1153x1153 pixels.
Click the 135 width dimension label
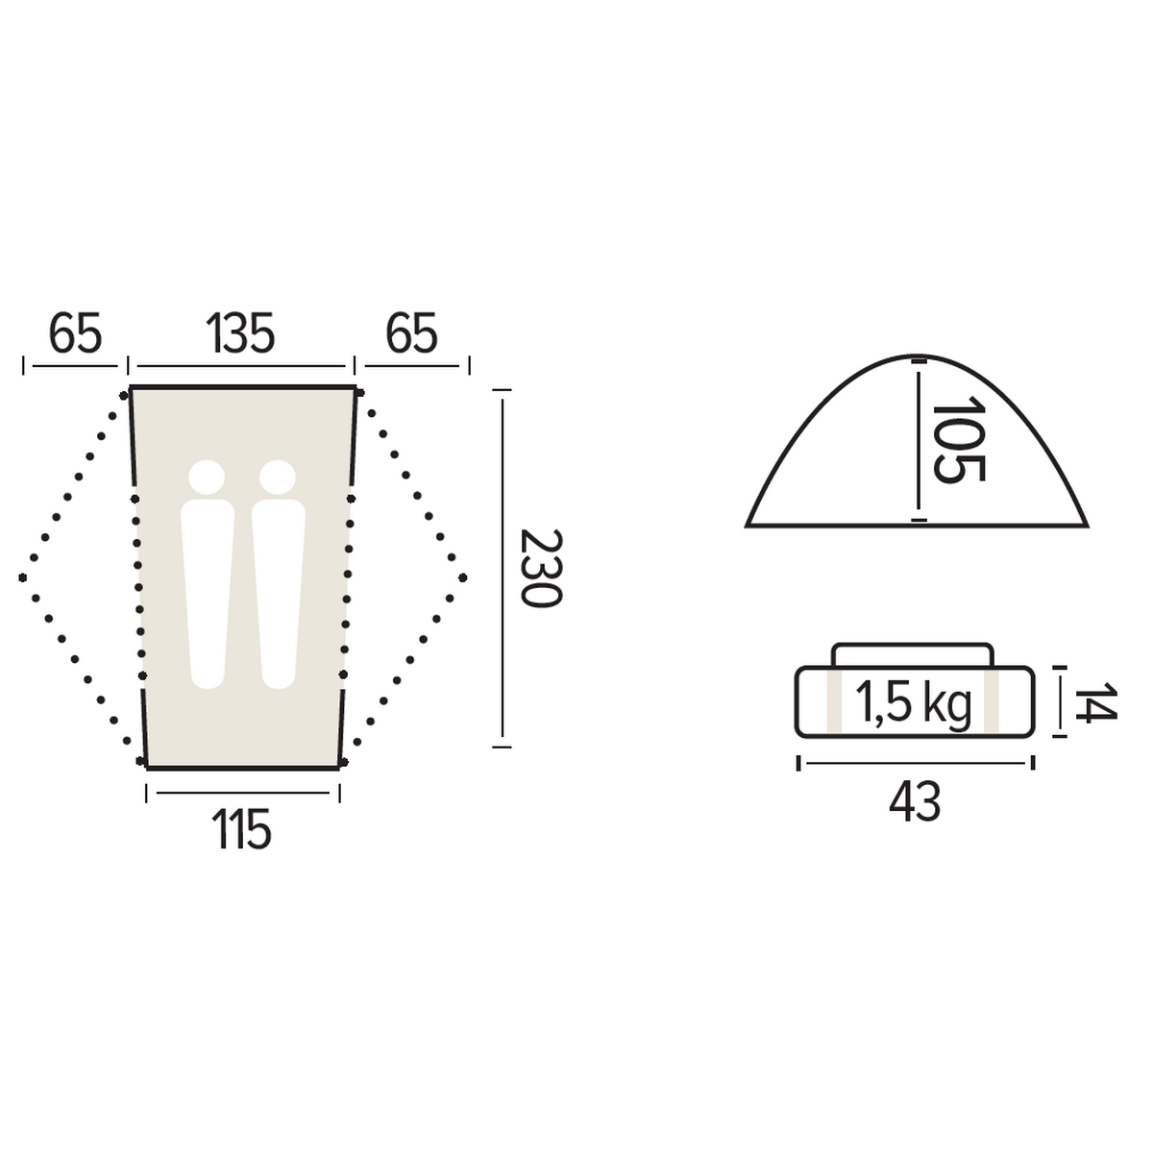[240, 332]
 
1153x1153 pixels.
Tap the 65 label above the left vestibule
[75, 332]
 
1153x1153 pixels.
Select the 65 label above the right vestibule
[411, 332]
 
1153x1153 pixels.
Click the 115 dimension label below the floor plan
[242, 828]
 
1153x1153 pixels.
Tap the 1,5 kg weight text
[913, 704]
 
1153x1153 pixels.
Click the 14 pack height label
[1095, 701]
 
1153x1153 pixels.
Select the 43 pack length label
[915, 803]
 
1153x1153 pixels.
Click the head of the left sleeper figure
[207, 478]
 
